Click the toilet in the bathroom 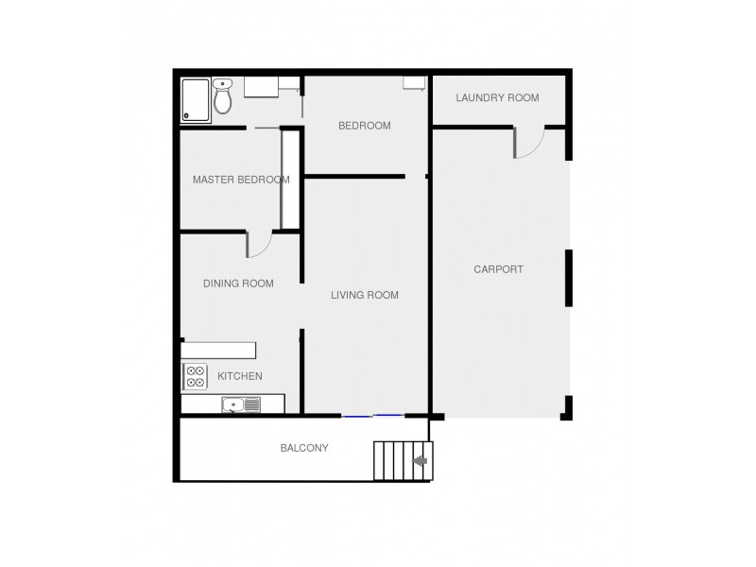pyautogui.click(x=223, y=96)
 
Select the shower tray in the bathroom pyautogui.click(x=196, y=100)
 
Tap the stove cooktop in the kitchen pyautogui.click(x=195, y=377)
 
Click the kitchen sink pyautogui.click(x=242, y=405)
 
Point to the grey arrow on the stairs pyautogui.click(x=421, y=461)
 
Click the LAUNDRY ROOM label pyautogui.click(x=497, y=97)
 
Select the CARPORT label pyautogui.click(x=498, y=269)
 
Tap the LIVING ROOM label pyautogui.click(x=365, y=296)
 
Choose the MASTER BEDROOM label pyautogui.click(x=241, y=180)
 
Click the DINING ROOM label pyautogui.click(x=239, y=283)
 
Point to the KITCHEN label pyautogui.click(x=240, y=377)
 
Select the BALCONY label pyautogui.click(x=304, y=448)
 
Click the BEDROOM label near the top pyautogui.click(x=364, y=126)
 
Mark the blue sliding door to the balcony pyautogui.click(x=372, y=415)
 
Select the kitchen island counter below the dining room pyautogui.click(x=219, y=351)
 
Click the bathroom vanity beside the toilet pyautogui.click(x=261, y=87)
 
